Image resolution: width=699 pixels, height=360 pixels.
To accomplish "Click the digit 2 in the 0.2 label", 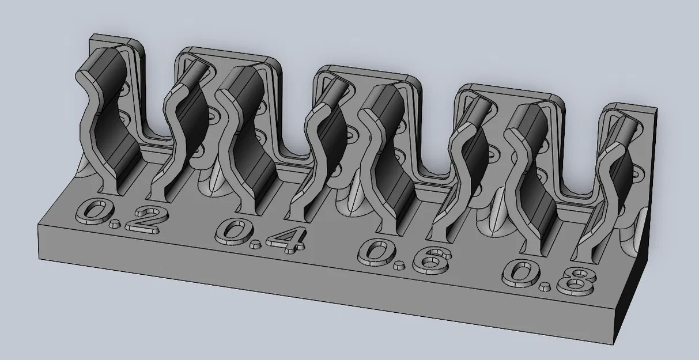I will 141,219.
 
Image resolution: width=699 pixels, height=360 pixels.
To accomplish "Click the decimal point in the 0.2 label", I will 115,222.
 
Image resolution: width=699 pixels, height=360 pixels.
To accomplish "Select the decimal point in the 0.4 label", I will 254,245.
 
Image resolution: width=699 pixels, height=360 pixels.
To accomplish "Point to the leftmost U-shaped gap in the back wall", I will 156,104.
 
